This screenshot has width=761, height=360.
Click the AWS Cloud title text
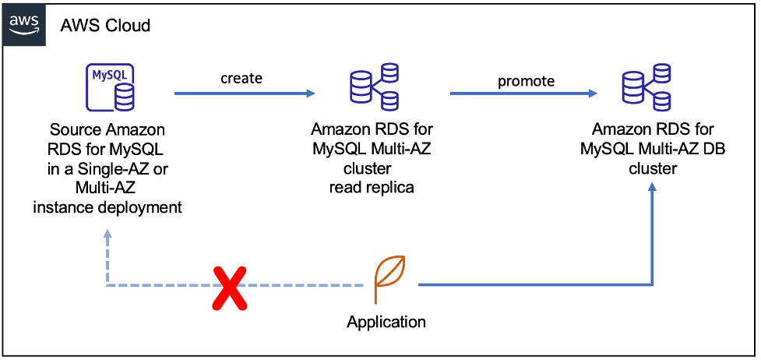tap(105, 25)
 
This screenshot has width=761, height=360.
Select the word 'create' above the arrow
tap(241, 78)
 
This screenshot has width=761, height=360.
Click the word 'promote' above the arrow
tap(527, 80)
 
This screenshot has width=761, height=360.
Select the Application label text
tap(386, 322)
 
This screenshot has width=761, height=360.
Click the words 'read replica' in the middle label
tap(372, 187)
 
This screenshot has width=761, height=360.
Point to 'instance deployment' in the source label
tap(107, 206)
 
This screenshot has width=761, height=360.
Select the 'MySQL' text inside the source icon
tap(107, 76)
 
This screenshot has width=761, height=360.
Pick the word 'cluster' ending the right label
tap(653, 168)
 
